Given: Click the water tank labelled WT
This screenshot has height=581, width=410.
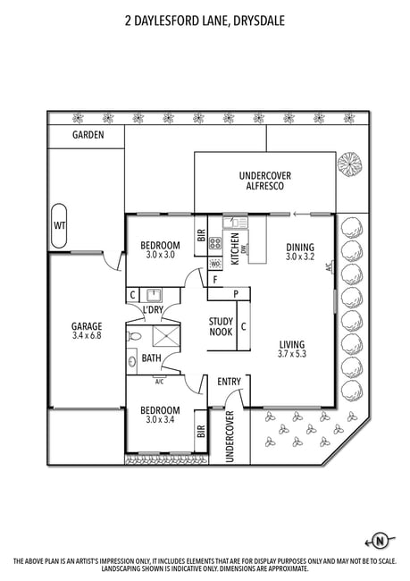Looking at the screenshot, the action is (x=59, y=225).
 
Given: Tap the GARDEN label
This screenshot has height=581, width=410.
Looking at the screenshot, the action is (x=88, y=135).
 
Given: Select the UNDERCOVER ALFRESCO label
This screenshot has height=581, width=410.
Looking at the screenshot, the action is (x=265, y=181).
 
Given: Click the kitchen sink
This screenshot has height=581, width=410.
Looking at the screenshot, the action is (x=234, y=223).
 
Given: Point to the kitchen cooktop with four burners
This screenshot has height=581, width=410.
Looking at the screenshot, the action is (x=215, y=243).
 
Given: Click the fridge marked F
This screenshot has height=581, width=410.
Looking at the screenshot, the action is (x=214, y=280).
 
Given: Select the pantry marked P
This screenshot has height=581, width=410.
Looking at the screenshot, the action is (x=236, y=294).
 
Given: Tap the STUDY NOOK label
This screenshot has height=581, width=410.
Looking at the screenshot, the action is (x=222, y=327).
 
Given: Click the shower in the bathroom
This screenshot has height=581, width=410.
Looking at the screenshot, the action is (x=166, y=337).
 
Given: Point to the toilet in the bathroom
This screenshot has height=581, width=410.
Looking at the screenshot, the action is (x=134, y=336).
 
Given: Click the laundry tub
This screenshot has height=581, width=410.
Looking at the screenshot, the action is (x=153, y=295).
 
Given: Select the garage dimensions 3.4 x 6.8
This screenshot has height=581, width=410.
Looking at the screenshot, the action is (x=87, y=336).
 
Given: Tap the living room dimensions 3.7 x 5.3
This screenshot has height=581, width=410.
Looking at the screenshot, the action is (x=292, y=354).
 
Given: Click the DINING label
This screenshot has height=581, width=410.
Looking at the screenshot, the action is (x=300, y=247).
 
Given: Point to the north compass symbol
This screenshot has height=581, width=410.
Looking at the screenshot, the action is (x=380, y=542).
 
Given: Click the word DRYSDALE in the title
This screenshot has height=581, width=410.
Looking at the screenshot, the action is (x=259, y=21).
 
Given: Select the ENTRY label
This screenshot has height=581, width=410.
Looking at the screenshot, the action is (x=229, y=382).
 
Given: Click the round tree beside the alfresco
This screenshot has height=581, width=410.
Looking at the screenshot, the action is (x=349, y=164).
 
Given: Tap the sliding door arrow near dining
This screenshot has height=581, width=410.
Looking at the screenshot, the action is (x=301, y=214).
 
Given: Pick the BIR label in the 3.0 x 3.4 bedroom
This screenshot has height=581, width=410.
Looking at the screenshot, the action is (x=201, y=432).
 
